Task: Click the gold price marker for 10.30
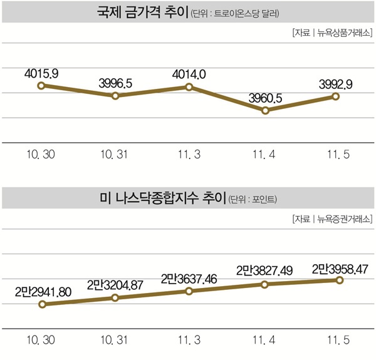tap(41, 85)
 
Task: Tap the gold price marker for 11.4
tap(265, 110)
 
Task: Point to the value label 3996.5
tap(116, 83)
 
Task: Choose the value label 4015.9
tap(41, 73)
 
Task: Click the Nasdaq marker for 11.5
tap(340, 280)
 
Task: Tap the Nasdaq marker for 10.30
tap(41, 305)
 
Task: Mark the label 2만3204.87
tap(115, 284)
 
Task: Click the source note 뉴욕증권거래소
tap(345, 219)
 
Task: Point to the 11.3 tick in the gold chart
tap(190, 154)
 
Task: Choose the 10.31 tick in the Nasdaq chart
tap(115, 339)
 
